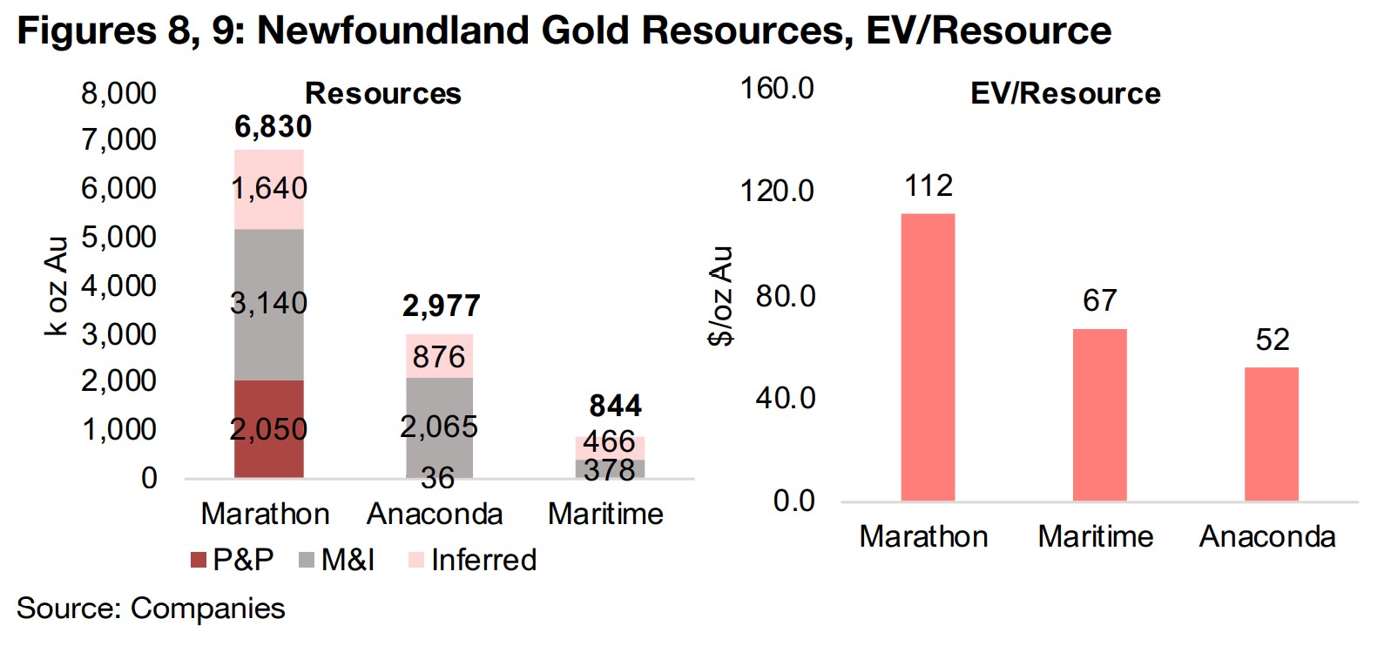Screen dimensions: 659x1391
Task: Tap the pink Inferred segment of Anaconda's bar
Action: point(439,355)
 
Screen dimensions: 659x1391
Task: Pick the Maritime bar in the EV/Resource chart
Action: point(1099,414)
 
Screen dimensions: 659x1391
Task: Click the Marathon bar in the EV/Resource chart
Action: point(928,357)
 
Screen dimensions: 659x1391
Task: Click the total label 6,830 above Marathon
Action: point(273,127)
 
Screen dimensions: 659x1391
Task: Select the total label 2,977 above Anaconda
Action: point(441,306)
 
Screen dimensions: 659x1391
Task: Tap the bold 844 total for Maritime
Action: point(615,406)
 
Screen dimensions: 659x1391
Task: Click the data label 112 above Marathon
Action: point(928,185)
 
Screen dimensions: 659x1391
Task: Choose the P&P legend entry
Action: point(233,560)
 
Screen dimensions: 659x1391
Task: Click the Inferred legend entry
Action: point(472,560)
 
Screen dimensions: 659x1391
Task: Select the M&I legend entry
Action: point(337,560)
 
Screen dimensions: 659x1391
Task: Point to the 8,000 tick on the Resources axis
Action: point(118,93)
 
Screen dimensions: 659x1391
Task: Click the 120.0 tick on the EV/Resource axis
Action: point(777,191)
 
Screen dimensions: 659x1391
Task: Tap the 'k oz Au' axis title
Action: point(56,286)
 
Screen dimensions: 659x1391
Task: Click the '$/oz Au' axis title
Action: point(720,296)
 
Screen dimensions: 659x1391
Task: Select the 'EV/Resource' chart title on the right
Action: point(1065,93)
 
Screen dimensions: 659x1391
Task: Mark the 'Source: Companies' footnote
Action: point(151,608)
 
